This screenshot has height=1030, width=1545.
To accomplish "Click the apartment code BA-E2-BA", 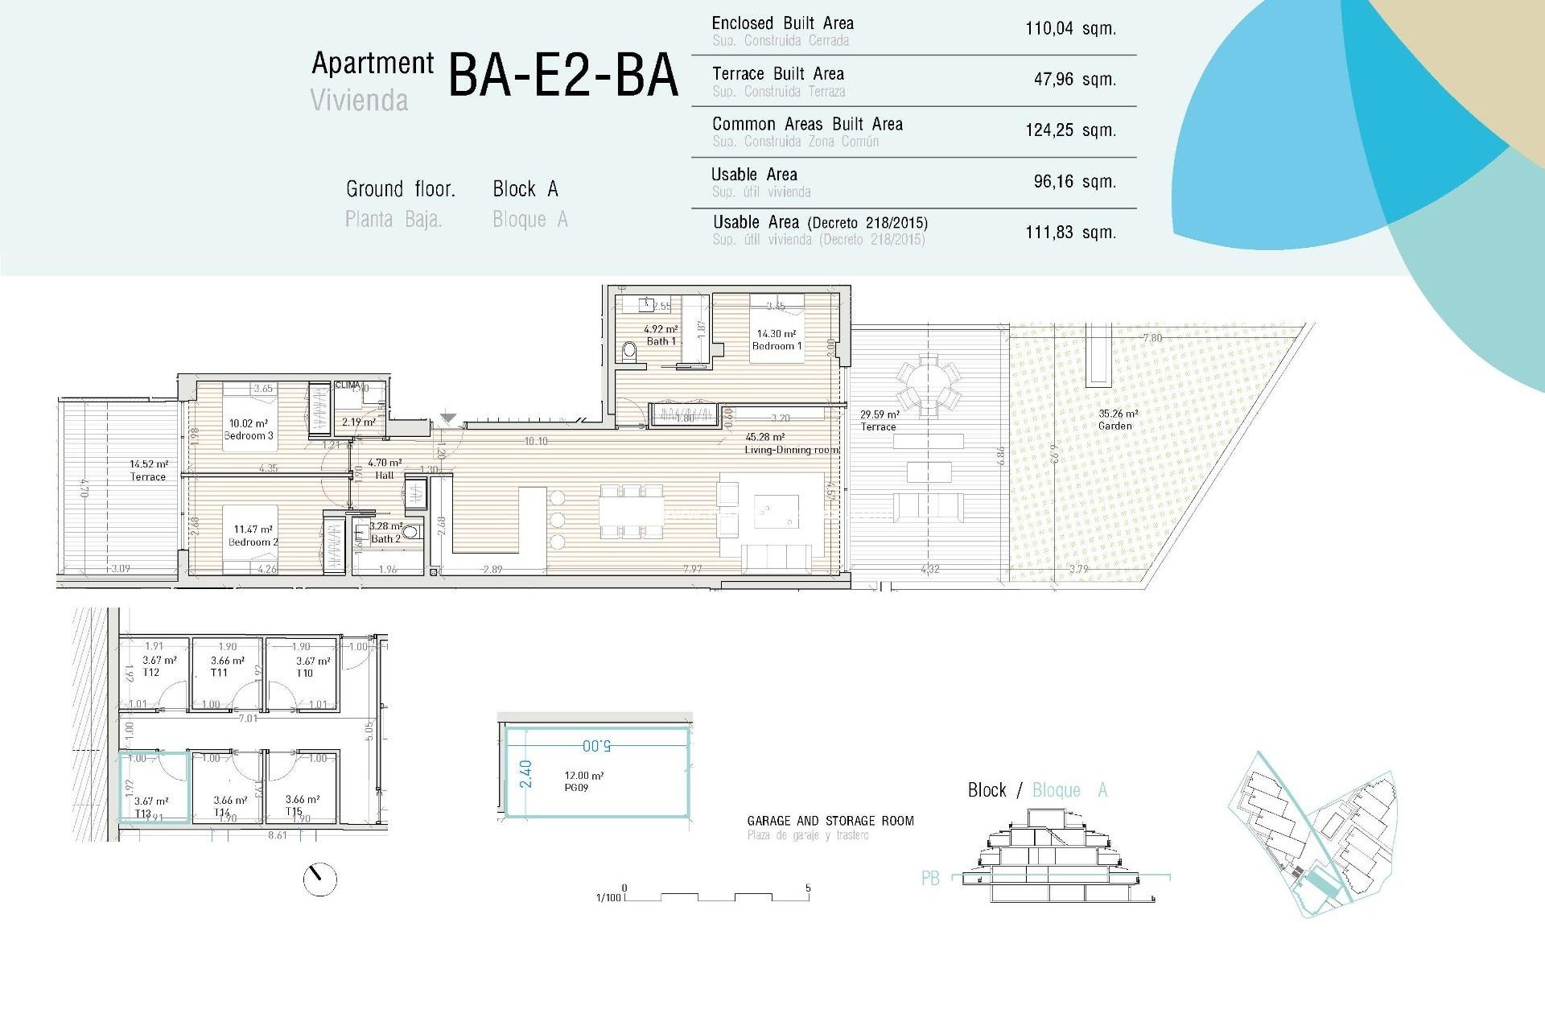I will pos(562,76).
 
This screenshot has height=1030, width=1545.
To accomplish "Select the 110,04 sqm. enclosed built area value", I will pos(1070,29).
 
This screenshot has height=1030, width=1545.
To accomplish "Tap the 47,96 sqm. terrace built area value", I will pos(1074,80).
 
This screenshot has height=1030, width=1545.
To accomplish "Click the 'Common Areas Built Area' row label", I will pos(807,125).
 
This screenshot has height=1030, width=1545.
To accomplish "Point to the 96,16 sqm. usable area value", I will pos(1074,182).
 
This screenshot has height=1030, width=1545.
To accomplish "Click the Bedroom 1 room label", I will pos(777,346).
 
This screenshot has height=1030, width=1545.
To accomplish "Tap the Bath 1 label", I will pos(661,341).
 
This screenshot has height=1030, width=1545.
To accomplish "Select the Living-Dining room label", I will pos(791,450).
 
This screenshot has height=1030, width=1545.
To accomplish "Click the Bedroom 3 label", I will pos(249,435).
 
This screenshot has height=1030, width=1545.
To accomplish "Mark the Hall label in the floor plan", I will pos(385,475).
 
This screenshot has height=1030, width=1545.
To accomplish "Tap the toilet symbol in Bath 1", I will pos(630,351).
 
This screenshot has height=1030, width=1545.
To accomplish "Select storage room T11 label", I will pos(219,673).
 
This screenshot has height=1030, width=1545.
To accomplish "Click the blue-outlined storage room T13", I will pos(154,789).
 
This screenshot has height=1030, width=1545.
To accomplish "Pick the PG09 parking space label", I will pos(576,788).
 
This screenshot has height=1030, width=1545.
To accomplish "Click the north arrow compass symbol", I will pos(320,880).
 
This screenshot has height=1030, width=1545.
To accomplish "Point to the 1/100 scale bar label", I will pos(608,898).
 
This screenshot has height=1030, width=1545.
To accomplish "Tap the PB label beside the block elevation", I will pos(930,879).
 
